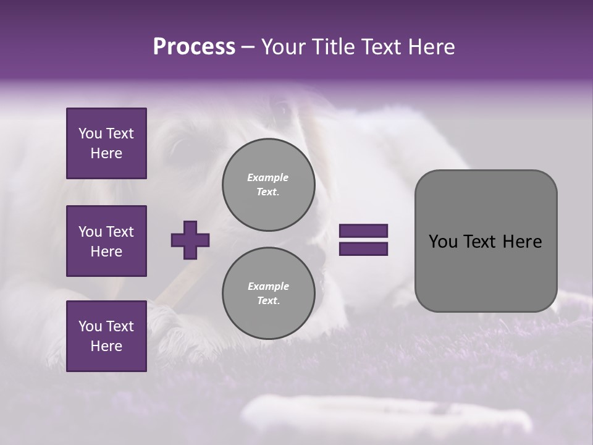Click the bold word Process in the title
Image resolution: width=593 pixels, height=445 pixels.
tap(194, 47)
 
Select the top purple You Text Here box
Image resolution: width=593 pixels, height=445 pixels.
tap(106, 143)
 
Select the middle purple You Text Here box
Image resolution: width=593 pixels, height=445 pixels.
tap(106, 241)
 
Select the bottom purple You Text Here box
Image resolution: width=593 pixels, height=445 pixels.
tap(106, 336)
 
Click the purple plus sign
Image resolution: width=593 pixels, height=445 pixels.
tap(190, 240)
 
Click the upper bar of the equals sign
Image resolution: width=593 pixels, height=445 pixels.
tap(363, 231)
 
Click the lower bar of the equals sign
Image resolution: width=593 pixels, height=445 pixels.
tap(363, 249)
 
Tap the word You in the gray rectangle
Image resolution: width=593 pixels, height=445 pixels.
tap(442, 242)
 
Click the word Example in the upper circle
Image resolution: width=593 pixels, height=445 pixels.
tap(268, 177)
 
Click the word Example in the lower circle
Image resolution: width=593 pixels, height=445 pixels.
tap(268, 286)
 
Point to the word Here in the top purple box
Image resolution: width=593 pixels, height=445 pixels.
tap(106, 153)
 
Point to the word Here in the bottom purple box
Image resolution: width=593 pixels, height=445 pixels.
tap(106, 346)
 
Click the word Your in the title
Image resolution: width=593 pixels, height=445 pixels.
tap(284, 47)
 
